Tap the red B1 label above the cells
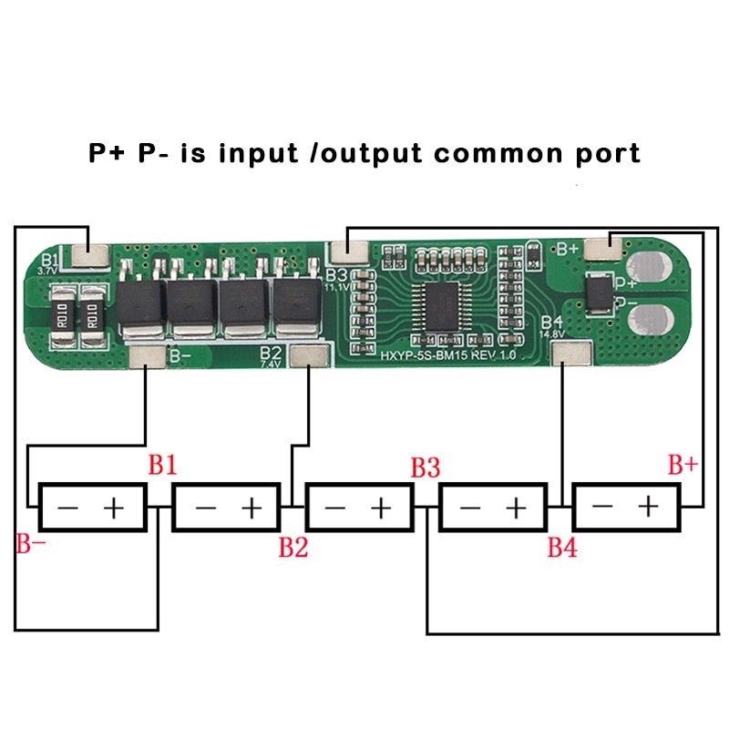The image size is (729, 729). pyautogui.click(x=162, y=467)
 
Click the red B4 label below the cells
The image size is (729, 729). pyautogui.click(x=561, y=548)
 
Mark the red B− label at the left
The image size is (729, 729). pyautogui.click(x=30, y=546)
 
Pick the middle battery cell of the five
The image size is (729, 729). pyautogui.click(x=360, y=507)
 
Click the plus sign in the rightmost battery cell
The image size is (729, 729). pyautogui.click(x=648, y=506)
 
